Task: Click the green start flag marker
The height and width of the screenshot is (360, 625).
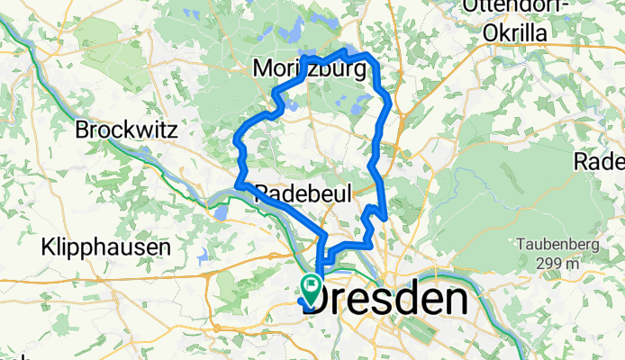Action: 312,289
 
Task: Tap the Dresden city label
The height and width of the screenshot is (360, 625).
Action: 387,300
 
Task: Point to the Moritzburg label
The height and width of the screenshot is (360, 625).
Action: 311,69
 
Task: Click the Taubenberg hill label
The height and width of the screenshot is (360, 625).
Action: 557,245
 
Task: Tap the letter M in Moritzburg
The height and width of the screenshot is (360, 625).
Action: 263,69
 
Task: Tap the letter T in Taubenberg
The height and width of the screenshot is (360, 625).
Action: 521,245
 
